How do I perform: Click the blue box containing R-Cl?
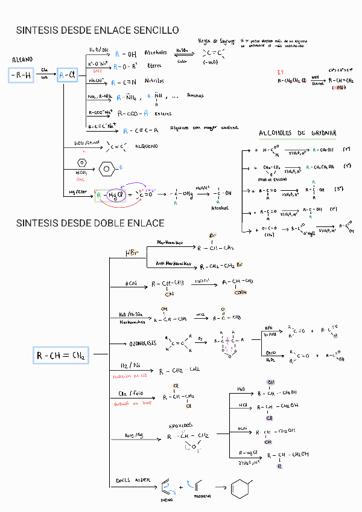click(x=68, y=75)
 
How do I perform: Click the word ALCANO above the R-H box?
click(x=22, y=60)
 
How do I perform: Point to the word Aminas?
click(x=195, y=95)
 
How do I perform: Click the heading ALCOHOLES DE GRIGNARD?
click(x=297, y=133)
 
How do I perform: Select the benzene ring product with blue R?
click(x=107, y=168)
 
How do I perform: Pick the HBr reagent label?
click(x=132, y=252)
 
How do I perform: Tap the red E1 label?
click(x=281, y=71)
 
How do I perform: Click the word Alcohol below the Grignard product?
click(x=220, y=208)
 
